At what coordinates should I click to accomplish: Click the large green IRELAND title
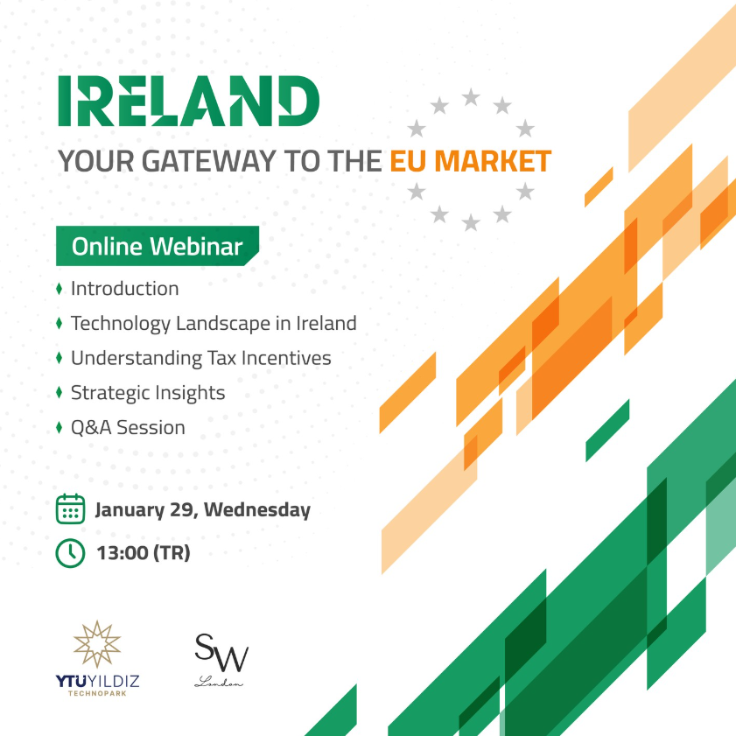coord(189,101)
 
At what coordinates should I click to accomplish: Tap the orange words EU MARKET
coord(470,162)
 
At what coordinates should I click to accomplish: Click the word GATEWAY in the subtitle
coord(208,162)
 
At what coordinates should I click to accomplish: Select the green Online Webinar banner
coord(158,246)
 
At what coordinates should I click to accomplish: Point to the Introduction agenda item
coord(125,289)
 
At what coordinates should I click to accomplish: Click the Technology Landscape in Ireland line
coord(214,324)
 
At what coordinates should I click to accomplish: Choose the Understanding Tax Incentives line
coord(201,359)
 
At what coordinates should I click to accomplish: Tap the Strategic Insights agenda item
coord(148,393)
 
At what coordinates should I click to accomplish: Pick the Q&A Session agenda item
coord(128,428)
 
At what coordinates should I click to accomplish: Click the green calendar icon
coord(70,508)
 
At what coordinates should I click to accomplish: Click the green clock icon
coord(70,553)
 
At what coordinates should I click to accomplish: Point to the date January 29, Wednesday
coord(203,510)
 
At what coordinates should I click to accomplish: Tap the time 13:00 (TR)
coord(144,553)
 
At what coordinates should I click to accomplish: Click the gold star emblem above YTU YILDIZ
coord(97,644)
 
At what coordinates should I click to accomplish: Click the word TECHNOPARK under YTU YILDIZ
coord(97,693)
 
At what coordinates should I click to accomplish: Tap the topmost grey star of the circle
coord(471,97)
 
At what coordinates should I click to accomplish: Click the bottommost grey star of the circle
coord(471,222)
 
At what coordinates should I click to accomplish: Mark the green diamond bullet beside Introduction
coord(60,289)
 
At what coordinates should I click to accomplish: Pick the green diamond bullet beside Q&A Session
coord(60,428)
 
